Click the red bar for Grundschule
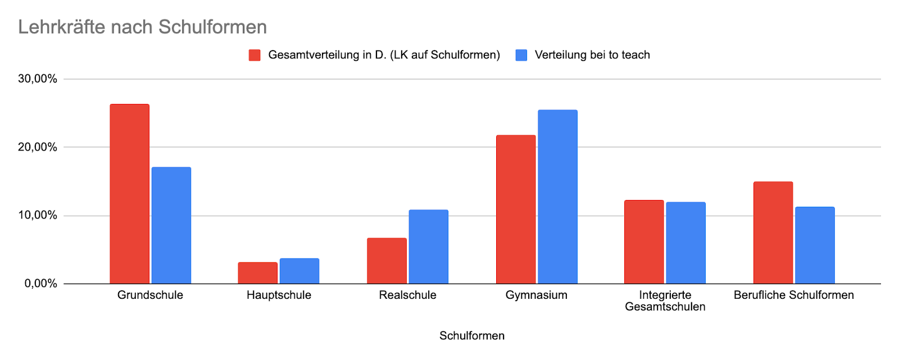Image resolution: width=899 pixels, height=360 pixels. coord(129,194)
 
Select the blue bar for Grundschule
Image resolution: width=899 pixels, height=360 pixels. coord(171,225)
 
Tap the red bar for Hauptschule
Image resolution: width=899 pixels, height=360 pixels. coord(257,273)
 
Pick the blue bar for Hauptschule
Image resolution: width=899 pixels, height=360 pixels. coord(299,271)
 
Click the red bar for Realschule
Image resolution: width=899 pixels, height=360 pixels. coord(387,261)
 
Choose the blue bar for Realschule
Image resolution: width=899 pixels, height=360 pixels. coord(429,247)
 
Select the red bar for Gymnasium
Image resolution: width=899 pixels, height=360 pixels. coord(516,209)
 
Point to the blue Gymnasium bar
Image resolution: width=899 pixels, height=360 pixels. coord(557,197)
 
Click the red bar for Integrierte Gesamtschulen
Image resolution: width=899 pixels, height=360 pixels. coord(644,242)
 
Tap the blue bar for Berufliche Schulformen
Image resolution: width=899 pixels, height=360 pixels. coord(815,245)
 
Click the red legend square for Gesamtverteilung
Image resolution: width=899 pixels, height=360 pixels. coord(255,55)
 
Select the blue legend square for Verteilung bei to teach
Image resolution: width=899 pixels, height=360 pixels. coord(521,55)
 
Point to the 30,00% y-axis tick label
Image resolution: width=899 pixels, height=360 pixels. coord(38,79)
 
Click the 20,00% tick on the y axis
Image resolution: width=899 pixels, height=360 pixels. coord(38,147)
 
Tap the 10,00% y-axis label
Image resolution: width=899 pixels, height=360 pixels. coord(38,215)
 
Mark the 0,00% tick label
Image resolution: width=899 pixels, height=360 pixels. coord(40,284)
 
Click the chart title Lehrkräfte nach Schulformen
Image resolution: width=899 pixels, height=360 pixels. coord(142,27)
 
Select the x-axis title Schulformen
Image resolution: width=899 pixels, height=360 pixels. coord(472,336)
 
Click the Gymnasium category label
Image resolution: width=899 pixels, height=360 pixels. coord(537,295)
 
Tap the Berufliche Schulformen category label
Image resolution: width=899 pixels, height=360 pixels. coord(793,295)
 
